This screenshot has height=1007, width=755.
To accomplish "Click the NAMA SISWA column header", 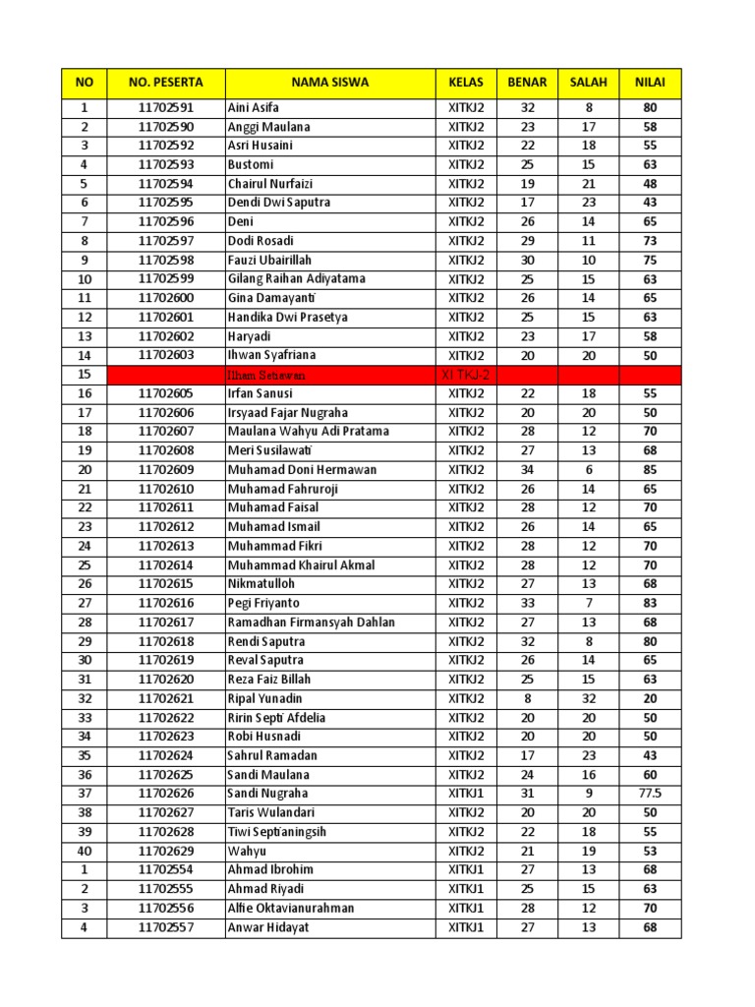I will pyautogui.click(x=330, y=83).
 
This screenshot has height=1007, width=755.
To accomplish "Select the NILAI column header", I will pyautogui.click(x=650, y=83).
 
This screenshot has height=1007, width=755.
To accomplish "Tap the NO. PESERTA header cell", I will pyautogui.click(x=166, y=83).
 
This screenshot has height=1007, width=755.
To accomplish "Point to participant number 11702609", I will pyautogui.click(x=166, y=470).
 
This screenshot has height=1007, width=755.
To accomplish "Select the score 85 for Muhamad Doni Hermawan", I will pyautogui.click(x=650, y=470).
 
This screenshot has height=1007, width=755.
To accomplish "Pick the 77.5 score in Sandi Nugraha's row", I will pyautogui.click(x=650, y=794).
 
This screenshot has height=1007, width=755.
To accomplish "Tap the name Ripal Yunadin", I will pyautogui.click(x=265, y=698).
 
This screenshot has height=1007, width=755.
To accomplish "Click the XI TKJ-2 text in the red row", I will pyautogui.click(x=467, y=375).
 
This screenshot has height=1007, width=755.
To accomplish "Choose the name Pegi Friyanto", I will pyautogui.click(x=264, y=603).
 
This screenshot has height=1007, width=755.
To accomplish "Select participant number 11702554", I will pyautogui.click(x=166, y=870).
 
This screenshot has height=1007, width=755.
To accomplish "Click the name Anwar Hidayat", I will pyautogui.click(x=269, y=927).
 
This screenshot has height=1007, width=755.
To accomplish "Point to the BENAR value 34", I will pyautogui.click(x=528, y=470).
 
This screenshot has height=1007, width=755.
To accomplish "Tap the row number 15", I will pyautogui.click(x=85, y=375).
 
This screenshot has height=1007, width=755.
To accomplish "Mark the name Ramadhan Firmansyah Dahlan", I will pyautogui.click(x=312, y=622).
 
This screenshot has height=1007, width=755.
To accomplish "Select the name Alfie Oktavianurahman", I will pyautogui.click(x=291, y=909).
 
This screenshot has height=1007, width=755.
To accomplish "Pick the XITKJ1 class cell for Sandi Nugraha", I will pyautogui.click(x=467, y=794).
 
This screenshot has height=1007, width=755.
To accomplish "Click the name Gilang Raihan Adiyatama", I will pyautogui.click(x=297, y=279).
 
